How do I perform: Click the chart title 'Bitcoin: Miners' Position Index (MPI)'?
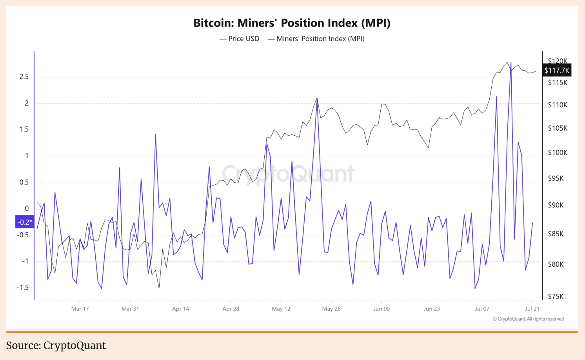(x=292, y=23)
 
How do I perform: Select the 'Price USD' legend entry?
(x=240, y=39)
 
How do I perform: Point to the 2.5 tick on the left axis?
(x=24, y=77)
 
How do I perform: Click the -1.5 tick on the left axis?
(x=23, y=288)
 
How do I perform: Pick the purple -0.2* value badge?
(x=24, y=222)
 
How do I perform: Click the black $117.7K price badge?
(x=557, y=71)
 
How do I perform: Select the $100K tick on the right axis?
(x=558, y=153)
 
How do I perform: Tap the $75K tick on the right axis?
(x=556, y=296)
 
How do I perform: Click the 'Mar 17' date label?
(x=80, y=309)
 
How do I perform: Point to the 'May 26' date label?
(x=331, y=309)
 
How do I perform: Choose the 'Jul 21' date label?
(x=532, y=309)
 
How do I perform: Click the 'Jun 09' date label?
(x=382, y=309)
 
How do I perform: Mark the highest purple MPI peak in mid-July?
(x=511, y=62)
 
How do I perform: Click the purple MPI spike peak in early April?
(x=155, y=135)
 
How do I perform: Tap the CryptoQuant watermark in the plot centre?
(x=288, y=174)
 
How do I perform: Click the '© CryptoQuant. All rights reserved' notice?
(x=528, y=319)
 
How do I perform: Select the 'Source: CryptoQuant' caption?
(x=56, y=345)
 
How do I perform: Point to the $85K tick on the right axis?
(x=556, y=234)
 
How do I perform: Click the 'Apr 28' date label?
(x=231, y=309)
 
